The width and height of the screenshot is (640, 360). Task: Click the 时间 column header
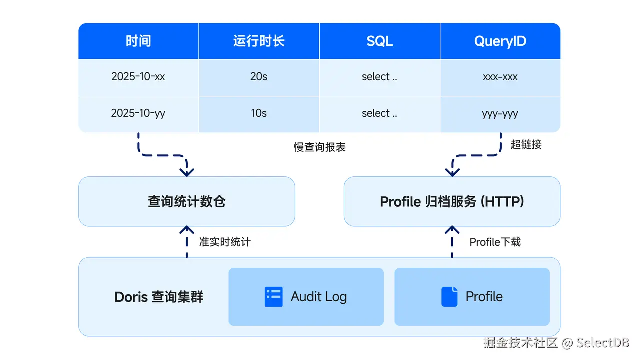click(138, 41)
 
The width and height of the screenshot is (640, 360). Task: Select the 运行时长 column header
click(259, 41)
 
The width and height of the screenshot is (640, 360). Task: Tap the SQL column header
click(379, 41)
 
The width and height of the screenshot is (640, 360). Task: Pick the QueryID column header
click(500, 41)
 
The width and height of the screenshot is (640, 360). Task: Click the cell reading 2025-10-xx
click(138, 77)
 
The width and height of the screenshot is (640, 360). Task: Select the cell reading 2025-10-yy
click(138, 113)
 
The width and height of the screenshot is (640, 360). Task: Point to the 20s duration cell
click(259, 77)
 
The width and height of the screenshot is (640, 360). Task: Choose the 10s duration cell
click(259, 113)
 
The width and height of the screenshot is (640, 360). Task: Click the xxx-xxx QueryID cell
click(500, 77)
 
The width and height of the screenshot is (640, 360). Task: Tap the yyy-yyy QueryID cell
click(500, 113)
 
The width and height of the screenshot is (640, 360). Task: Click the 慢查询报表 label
click(320, 147)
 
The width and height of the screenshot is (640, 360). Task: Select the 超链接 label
click(526, 145)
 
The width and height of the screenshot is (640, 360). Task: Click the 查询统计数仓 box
click(186, 201)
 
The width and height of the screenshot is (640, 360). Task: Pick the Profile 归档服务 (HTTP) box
click(452, 201)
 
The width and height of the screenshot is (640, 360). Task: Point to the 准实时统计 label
click(225, 242)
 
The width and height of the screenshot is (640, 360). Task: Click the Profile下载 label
click(495, 242)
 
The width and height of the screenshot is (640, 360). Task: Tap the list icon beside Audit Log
click(273, 296)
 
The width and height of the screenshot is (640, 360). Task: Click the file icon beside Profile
click(449, 296)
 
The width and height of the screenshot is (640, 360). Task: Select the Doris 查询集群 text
click(159, 297)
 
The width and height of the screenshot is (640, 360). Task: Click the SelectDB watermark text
click(603, 343)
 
